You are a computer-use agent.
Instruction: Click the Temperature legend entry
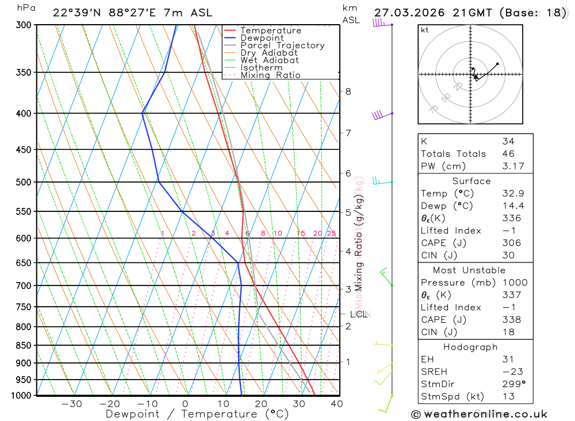coord(270,30)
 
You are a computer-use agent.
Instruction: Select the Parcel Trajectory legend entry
coord(282,45)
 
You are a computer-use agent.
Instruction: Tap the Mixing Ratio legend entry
coord(270,75)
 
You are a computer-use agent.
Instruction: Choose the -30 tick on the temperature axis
coord(71,404)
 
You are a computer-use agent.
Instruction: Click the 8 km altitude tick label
coord(348,91)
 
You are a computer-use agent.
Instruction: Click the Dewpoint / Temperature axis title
coord(197,414)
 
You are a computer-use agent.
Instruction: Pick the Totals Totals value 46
coord(508,154)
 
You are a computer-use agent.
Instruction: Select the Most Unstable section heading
coord(469,270)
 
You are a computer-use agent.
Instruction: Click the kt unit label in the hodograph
coord(425,30)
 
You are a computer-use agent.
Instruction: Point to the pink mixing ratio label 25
coord(331,233)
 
